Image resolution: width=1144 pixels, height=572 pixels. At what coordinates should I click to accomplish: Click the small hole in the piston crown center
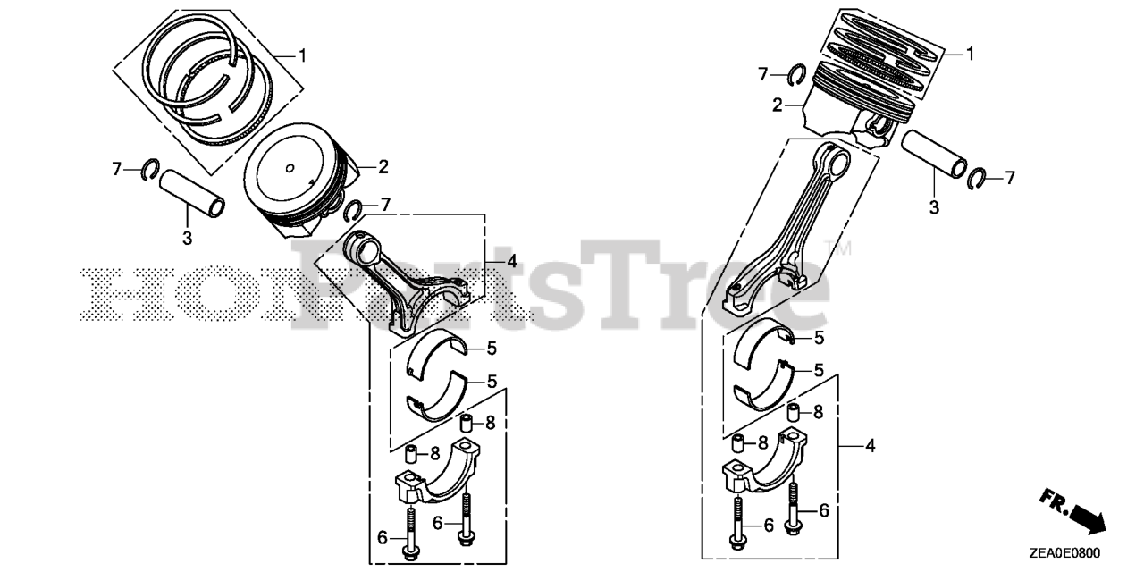[x=291, y=167]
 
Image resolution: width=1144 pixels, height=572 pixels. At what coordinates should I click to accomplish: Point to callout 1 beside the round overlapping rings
[x=302, y=55]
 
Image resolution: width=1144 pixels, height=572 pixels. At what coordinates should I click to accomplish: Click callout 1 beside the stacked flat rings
[x=970, y=55]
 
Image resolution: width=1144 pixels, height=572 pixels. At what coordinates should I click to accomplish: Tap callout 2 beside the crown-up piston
[x=383, y=166]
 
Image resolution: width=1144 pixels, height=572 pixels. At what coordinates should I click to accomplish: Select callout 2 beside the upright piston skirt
[x=778, y=105]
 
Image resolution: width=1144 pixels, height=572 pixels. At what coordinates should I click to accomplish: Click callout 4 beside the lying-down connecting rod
[x=511, y=261]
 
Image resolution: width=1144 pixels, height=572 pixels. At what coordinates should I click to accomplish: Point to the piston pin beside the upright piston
[x=934, y=156]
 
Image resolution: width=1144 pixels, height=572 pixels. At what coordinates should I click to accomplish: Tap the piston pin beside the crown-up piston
[x=192, y=194]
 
